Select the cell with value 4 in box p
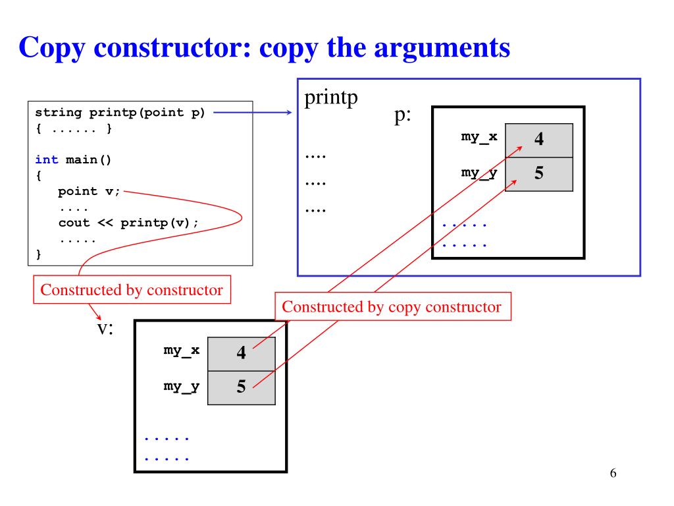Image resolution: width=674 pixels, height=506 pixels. (538, 140)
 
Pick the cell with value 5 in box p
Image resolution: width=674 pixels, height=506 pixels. (538, 174)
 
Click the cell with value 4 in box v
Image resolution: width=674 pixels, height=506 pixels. (241, 353)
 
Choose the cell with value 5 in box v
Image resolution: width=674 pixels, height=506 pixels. (241, 387)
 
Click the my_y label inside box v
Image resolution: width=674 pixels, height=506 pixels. (181, 386)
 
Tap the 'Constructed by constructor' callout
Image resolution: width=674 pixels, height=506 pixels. (132, 290)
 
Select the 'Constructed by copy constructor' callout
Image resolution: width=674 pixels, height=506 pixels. (392, 307)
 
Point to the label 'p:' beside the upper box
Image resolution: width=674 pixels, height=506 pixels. (403, 116)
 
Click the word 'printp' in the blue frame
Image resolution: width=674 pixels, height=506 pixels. (331, 98)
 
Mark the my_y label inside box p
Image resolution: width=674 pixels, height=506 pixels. (479, 173)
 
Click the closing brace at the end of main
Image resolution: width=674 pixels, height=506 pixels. (38, 254)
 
